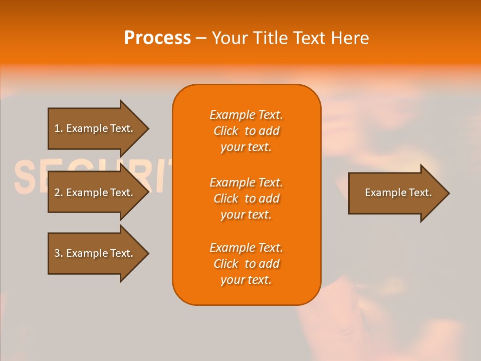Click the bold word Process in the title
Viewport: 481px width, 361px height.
click(157, 38)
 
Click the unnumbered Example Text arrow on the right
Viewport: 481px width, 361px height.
click(398, 193)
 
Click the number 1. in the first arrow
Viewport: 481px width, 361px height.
click(59, 128)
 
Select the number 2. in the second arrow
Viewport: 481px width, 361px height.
click(59, 193)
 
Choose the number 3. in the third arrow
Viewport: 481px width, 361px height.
click(59, 253)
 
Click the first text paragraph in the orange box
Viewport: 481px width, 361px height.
click(246, 131)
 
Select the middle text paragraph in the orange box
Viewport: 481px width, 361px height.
click(246, 199)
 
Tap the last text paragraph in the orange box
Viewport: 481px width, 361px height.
click(246, 264)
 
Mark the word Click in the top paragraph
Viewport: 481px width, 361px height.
click(226, 131)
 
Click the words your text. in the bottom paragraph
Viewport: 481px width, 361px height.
click(246, 280)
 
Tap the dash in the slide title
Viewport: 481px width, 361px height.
click(201, 39)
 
